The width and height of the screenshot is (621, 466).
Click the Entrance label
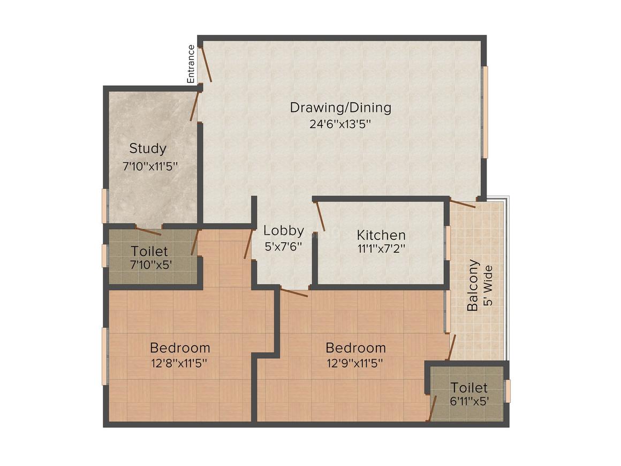coord(191,64)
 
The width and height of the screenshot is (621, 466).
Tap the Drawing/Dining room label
coord(340,107)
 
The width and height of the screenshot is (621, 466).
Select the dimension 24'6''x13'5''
coord(340,124)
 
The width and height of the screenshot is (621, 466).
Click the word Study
coord(148,148)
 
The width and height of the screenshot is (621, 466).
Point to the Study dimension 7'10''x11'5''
coord(150,166)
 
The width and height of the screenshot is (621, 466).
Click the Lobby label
coord(284,231)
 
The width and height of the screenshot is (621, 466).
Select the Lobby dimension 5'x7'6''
coord(284,247)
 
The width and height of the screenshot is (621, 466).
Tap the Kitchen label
coord(381,235)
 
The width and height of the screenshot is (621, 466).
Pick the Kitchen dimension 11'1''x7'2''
coord(381,249)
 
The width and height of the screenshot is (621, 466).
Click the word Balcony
coord(473,285)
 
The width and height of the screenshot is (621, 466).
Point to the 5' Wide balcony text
coord(487,285)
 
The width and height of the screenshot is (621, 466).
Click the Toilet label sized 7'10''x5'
coord(149,251)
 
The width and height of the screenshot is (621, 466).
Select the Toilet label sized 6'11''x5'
coord(469,387)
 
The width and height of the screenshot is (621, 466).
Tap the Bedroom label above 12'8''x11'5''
coord(180,347)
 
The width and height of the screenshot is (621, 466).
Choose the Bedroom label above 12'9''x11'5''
coord(356,347)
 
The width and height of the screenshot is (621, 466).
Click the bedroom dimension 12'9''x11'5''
coord(356,363)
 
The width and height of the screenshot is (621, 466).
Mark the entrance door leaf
coord(206,65)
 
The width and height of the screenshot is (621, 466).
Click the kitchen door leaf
coord(320,216)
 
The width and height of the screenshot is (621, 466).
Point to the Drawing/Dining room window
coord(485,112)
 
